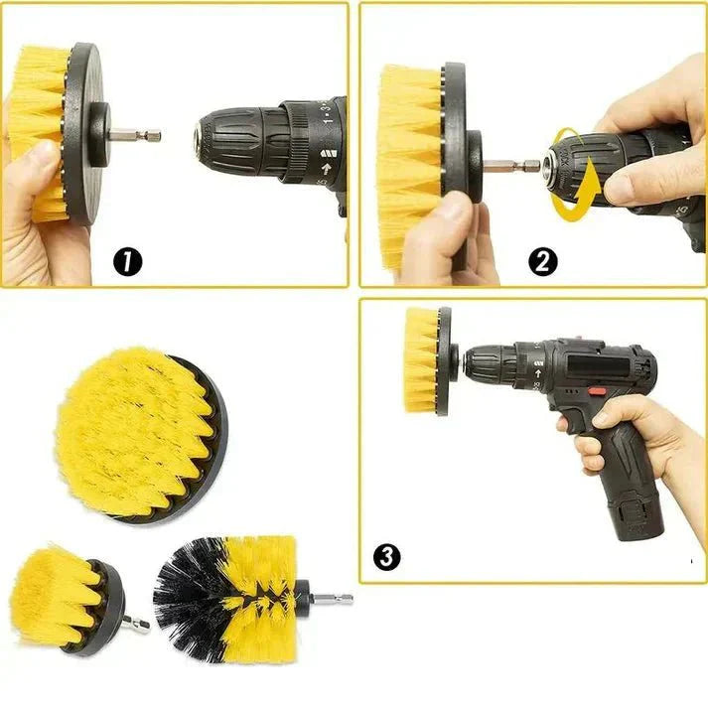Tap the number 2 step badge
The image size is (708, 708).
click(x=543, y=261)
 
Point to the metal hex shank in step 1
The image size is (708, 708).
click(x=138, y=133)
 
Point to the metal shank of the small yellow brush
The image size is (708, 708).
click(x=139, y=625)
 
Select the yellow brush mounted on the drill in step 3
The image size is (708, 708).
click(x=421, y=359)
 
